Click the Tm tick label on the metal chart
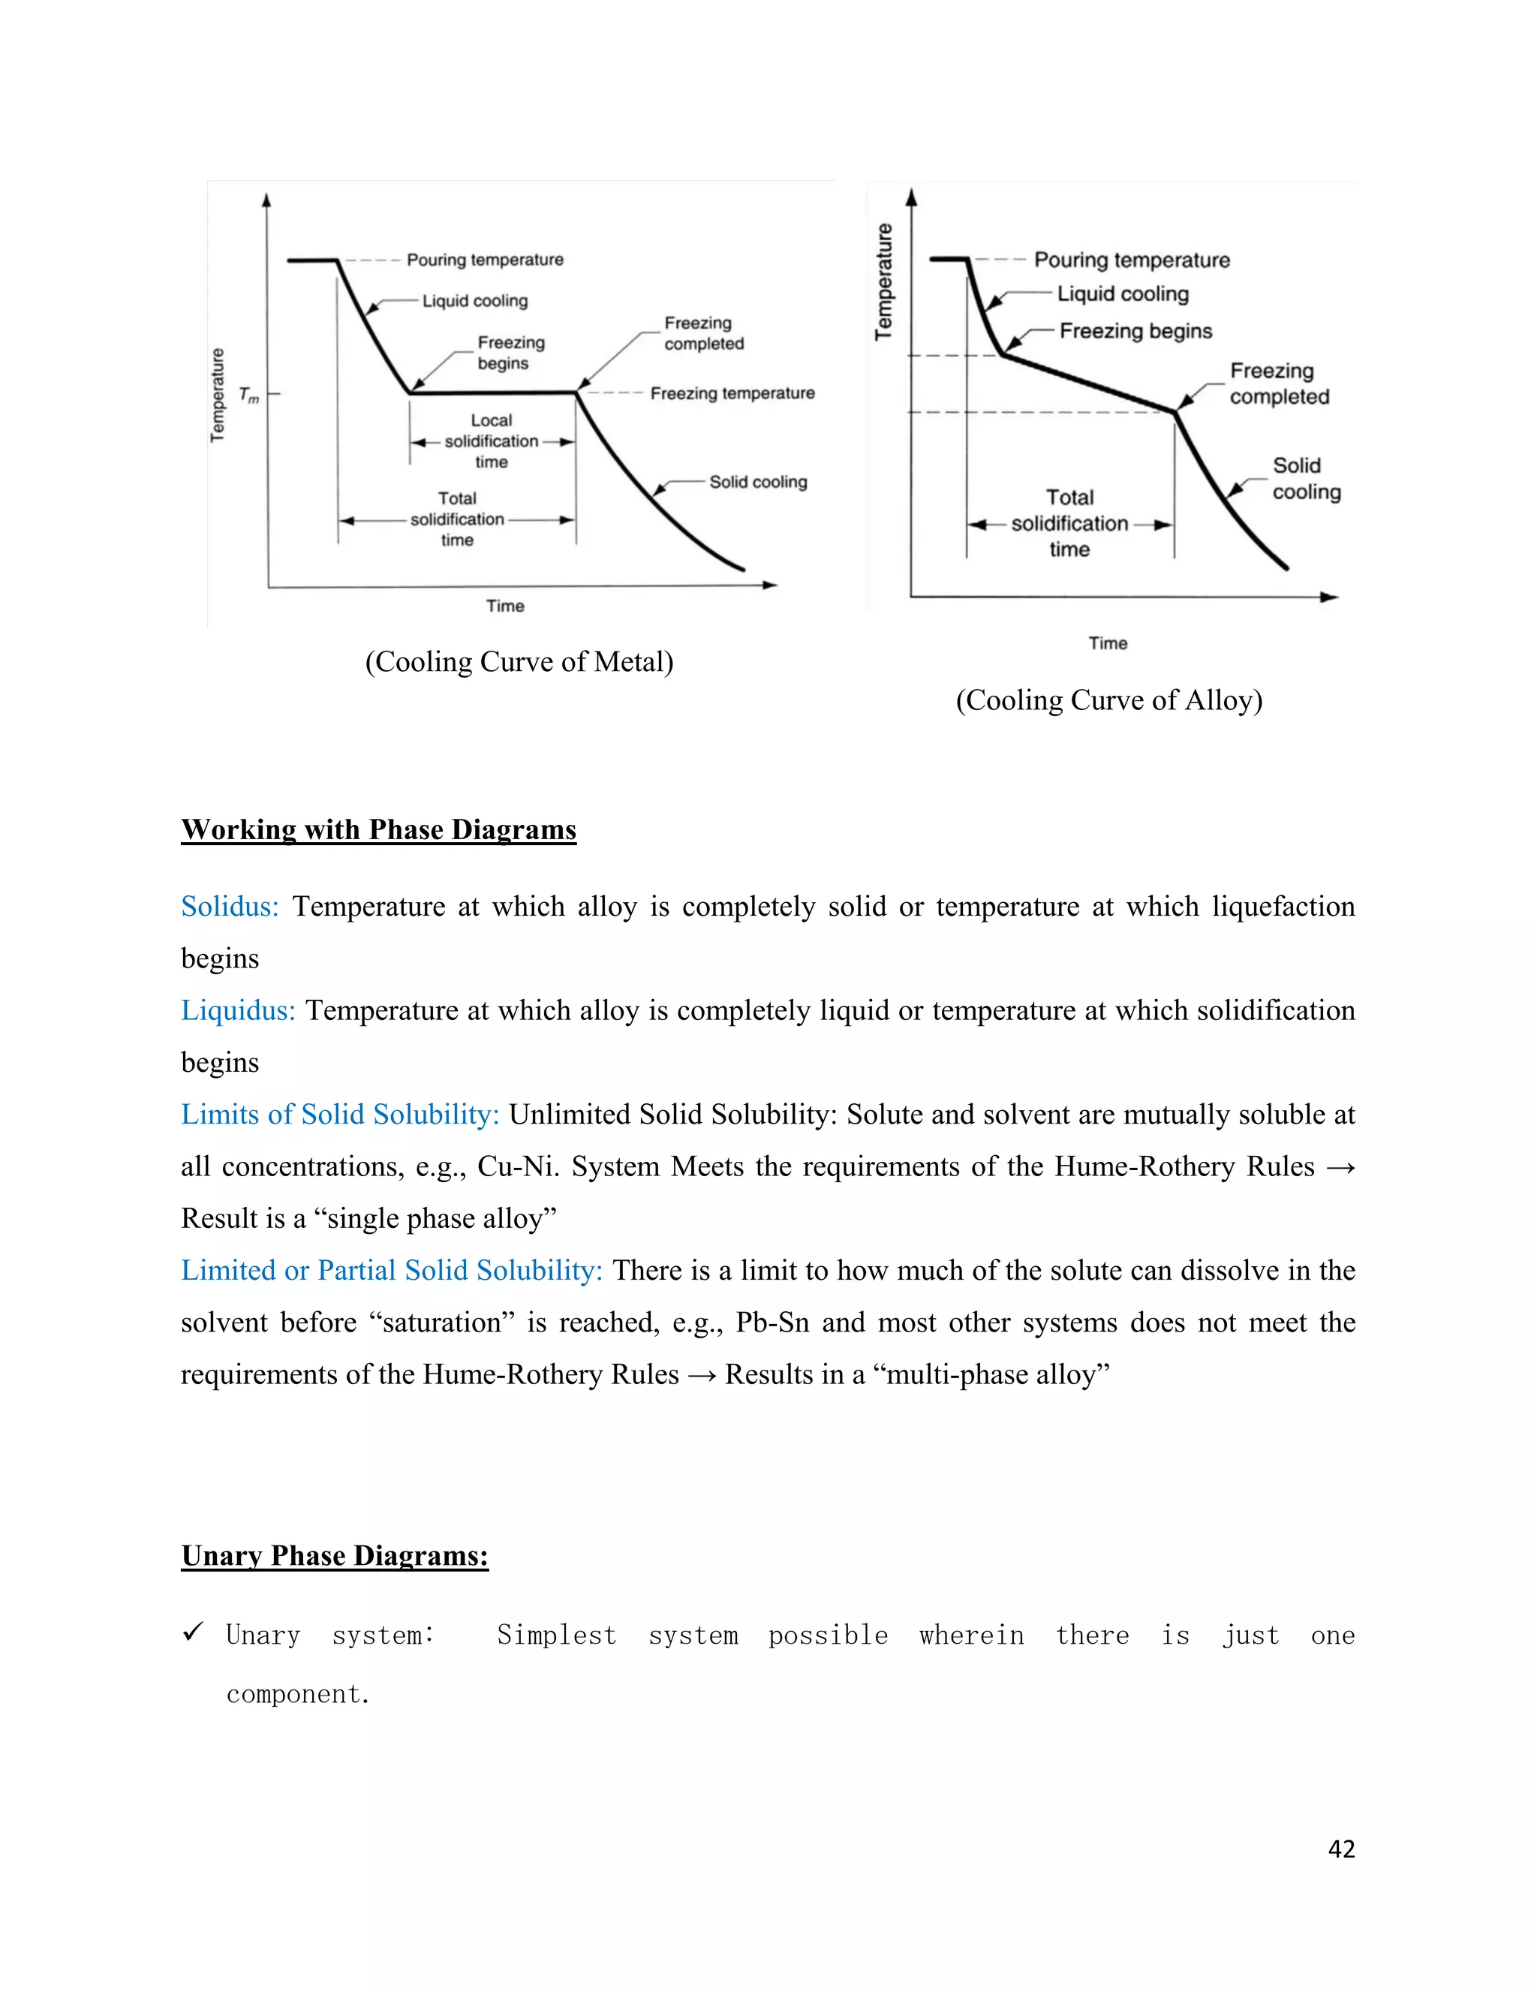coord(248,396)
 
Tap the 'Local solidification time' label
coord(491,441)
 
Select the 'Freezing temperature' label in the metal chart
coord(732,393)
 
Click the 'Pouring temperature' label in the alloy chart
coord(1131,260)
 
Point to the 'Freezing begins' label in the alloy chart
coord(1135,332)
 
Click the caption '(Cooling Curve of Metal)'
coord(519,662)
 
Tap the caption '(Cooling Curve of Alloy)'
coord(1108,700)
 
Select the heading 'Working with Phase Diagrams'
coord(378,829)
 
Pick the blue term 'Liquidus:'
coord(238,1011)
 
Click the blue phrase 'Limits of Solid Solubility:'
coord(340,1115)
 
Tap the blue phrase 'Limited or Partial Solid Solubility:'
coord(392,1271)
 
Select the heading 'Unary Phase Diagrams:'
coord(334,1555)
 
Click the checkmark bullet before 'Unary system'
coord(192,1633)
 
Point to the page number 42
coord(1341,1849)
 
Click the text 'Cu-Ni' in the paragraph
coord(516,1166)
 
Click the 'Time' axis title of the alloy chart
coord(1107,644)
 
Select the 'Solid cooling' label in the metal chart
coord(757,482)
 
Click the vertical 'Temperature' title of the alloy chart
coord(884,281)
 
